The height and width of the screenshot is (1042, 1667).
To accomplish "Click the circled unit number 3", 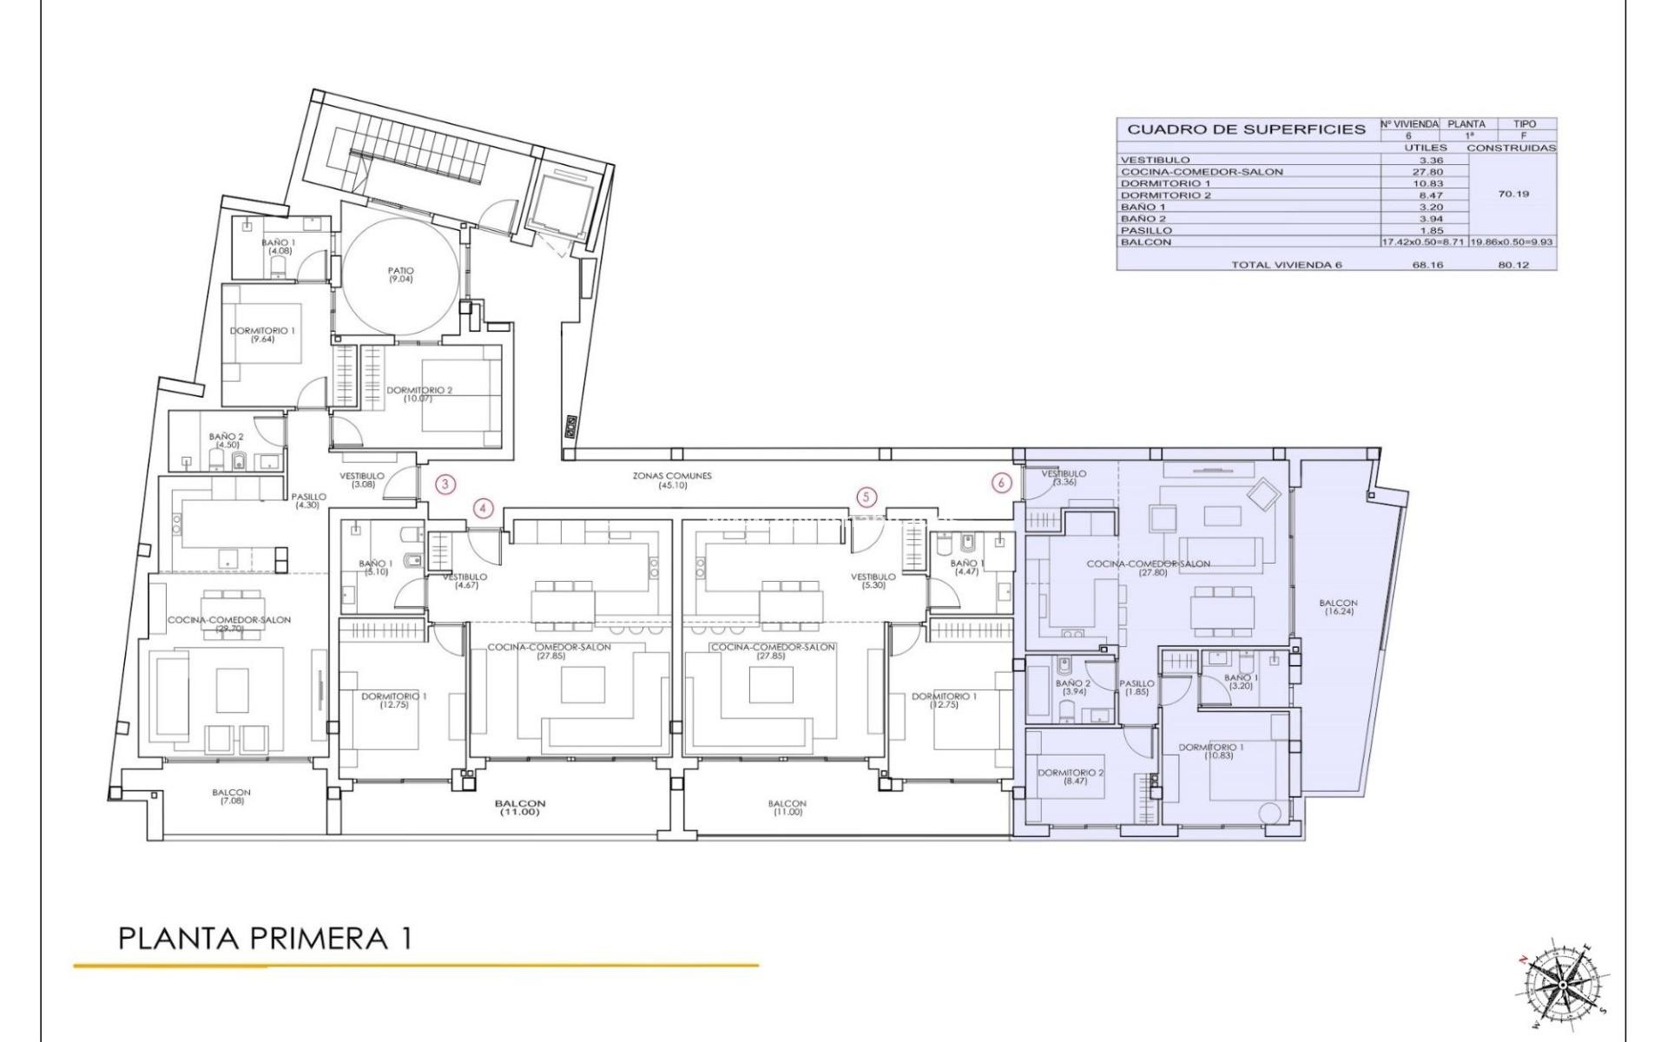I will (x=445, y=485).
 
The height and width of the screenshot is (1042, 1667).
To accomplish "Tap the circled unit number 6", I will (x=1003, y=482).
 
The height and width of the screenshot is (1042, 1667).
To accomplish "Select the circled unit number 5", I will (x=866, y=498).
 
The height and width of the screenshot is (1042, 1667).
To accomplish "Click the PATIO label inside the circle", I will (x=400, y=274).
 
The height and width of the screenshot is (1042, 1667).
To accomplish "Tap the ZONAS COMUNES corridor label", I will (x=671, y=480).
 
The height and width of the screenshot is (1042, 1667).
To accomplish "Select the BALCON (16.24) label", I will (x=1338, y=607).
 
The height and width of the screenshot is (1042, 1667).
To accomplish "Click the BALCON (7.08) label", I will (x=231, y=796).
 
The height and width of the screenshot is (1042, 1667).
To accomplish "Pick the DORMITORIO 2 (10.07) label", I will (x=419, y=393).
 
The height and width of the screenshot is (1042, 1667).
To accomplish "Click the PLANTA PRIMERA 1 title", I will (x=264, y=939).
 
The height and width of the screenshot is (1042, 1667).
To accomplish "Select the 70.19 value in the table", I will (x=1513, y=195).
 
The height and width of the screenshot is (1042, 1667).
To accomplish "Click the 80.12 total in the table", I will (x=1513, y=265).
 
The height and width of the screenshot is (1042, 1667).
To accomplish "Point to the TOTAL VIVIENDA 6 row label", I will (x=1286, y=265).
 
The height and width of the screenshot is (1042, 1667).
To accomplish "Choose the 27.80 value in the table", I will (x=1427, y=172).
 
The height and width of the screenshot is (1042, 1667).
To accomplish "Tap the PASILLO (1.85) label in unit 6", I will (x=1137, y=687).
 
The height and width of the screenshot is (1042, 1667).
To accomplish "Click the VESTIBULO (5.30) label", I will (x=873, y=581).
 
